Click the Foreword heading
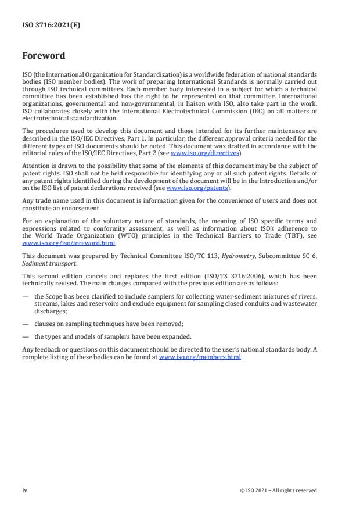coord(44,56)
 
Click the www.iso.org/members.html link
coord(200,357)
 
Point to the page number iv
coord(24,490)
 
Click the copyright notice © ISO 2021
coord(278,490)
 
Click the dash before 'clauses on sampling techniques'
coord(26,325)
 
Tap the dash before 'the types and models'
coord(26,337)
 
